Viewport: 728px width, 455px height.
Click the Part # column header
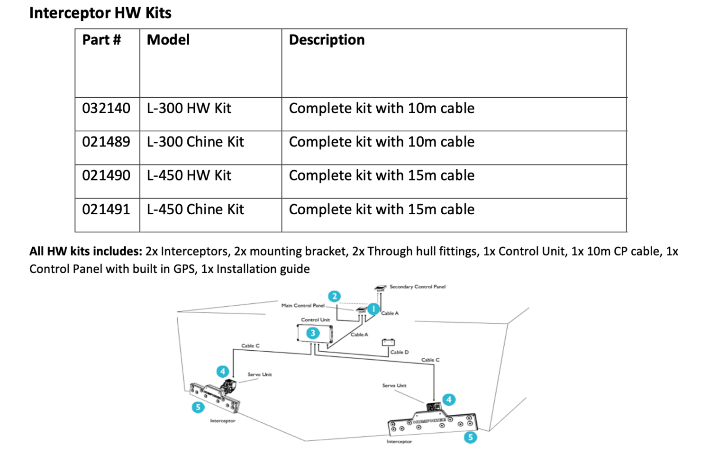[x=101, y=40]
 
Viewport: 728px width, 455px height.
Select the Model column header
[x=168, y=40]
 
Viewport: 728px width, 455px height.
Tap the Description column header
[x=327, y=40]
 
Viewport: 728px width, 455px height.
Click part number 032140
[x=106, y=109]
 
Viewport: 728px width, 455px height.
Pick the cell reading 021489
[x=106, y=142]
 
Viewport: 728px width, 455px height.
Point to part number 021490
[x=106, y=176]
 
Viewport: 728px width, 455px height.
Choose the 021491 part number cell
[x=106, y=209]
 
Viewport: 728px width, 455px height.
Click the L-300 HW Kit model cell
[x=189, y=109]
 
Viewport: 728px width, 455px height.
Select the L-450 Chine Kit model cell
[x=195, y=209]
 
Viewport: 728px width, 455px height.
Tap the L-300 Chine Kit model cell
[x=195, y=142]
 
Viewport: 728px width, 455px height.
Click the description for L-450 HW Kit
[x=382, y=176]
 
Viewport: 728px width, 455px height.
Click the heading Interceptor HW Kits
[x=100, y=13]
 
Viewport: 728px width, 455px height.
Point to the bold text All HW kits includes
[x=85, y=251]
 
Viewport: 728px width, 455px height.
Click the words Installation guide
[x=263, y=269]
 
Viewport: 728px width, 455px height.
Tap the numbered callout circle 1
[x=373, y=309]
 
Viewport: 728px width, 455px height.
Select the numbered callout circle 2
[x=334, y=296]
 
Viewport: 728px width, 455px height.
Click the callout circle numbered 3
[x=312, y=333]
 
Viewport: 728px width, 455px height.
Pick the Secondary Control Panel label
[x=417, y=287]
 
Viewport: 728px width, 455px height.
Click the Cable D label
[x=399, y=352]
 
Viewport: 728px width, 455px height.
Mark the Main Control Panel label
[x=303, y=306]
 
